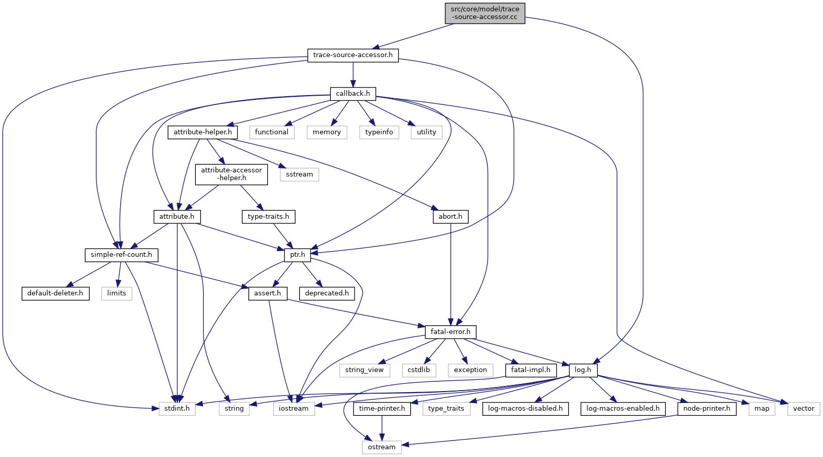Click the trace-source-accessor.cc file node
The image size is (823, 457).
pyautogui.click(x=485, y=13)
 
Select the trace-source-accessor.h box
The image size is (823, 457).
pyautogui.click(x=352, y=55)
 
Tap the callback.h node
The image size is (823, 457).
pyautogui.click(x=353, y=94)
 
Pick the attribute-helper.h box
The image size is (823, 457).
pyautogui.click(x=203, y=132)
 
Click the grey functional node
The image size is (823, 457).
pyautogui.click(x=272, y=132)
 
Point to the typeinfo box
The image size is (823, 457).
pyautogui.click(x=379, y=132)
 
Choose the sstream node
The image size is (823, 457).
pyautogui.click(x=299, y=174)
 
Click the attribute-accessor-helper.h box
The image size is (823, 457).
pyautogui.click(x=231, y=174)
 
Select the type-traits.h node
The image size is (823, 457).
pyautogui.click(x=268, y=217)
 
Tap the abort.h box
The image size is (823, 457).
pyautogui.click(x=450, y=217)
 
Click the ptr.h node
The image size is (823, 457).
pyautogui.click(x=297, y=255)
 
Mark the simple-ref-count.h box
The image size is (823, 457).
pyautogui.click(x=121, y=255)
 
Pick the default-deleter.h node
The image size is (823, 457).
pyautogui.click(x=55, y=293)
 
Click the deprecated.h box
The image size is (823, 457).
pyautogui.click(x=327, y=293)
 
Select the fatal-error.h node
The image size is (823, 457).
pyautogui.click(x=450, y=332)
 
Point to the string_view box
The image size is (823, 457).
pyautogui.click(x=364, y=370)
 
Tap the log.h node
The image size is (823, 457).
pyautogui.click(x=583, y=370)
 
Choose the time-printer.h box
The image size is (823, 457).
pyautogui.click(x=382, y=409)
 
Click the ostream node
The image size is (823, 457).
pyautogui.click(x=382, y=447)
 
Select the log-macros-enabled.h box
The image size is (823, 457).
pyautogui.click(x=623, y=409)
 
